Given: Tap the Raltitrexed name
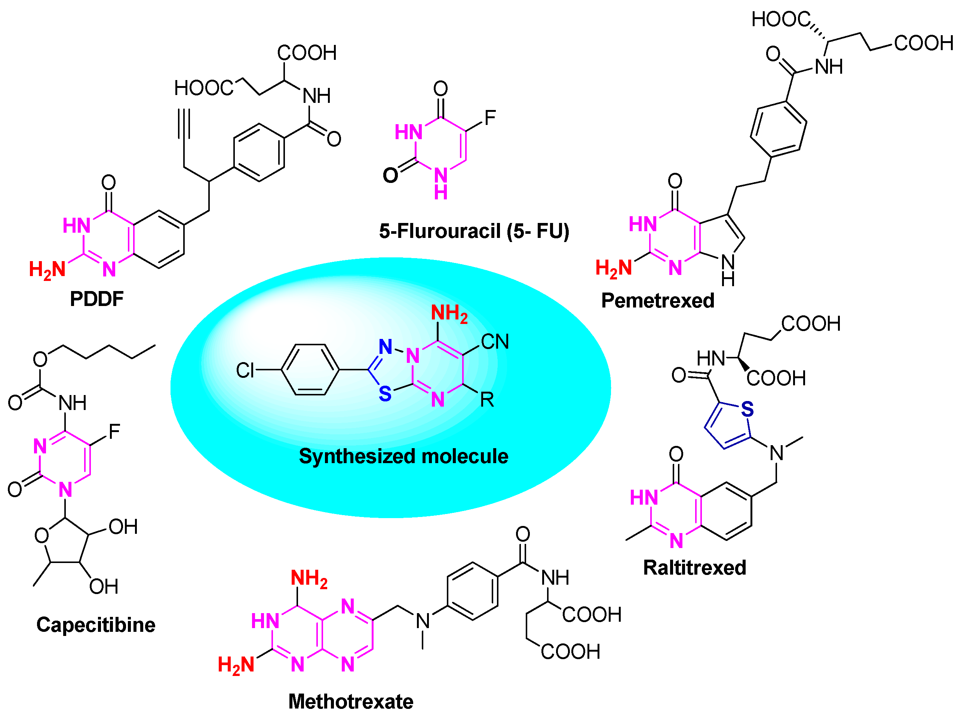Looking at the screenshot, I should pyautogui.click(x=694, y=567).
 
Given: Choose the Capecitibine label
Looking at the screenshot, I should pyautogui.click(x=96, y=625).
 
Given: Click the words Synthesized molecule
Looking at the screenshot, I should pyautogui.click(x=403, y=456).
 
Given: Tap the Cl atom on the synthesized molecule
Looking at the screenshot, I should pyautogui.click(x=245, y=370).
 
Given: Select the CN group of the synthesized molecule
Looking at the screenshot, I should pyautogui.click(x=494, y=342).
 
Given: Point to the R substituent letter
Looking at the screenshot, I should pyautogui.click(x=486, y=399).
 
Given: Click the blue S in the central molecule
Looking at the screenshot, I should pyautogui.click(x=385, y=394).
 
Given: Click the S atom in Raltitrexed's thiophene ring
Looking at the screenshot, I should pyautogui.click(x=747, y=409).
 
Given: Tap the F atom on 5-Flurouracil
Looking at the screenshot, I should pyautogui.click(x=489, y=117).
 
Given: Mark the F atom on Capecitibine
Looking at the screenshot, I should pyautogui.click(x=114, y=431).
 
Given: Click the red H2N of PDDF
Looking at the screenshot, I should pyautogui.click(x=47, y=270).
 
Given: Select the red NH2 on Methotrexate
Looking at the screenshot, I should pyautogui.click(x=308, y=578).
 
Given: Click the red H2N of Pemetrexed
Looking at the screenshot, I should pyautogui.click(x=613, y=268).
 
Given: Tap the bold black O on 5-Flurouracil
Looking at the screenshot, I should pyautogui.click(x=390, y=175).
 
